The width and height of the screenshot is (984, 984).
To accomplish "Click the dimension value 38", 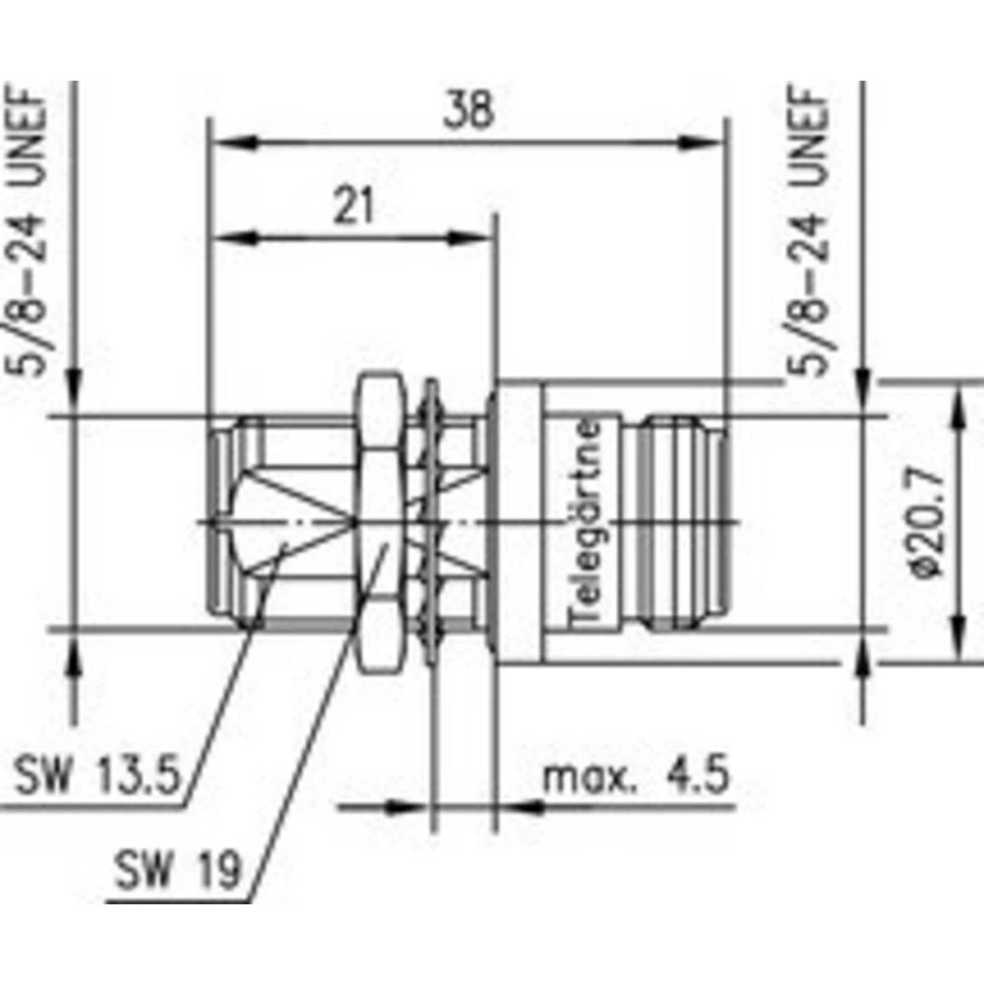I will pos(466,111).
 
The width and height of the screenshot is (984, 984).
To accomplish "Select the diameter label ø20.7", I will pos(929,523).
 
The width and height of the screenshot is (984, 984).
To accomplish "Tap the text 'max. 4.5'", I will pos(637,778).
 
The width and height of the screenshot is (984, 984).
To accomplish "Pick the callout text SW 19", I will pos(176,869).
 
